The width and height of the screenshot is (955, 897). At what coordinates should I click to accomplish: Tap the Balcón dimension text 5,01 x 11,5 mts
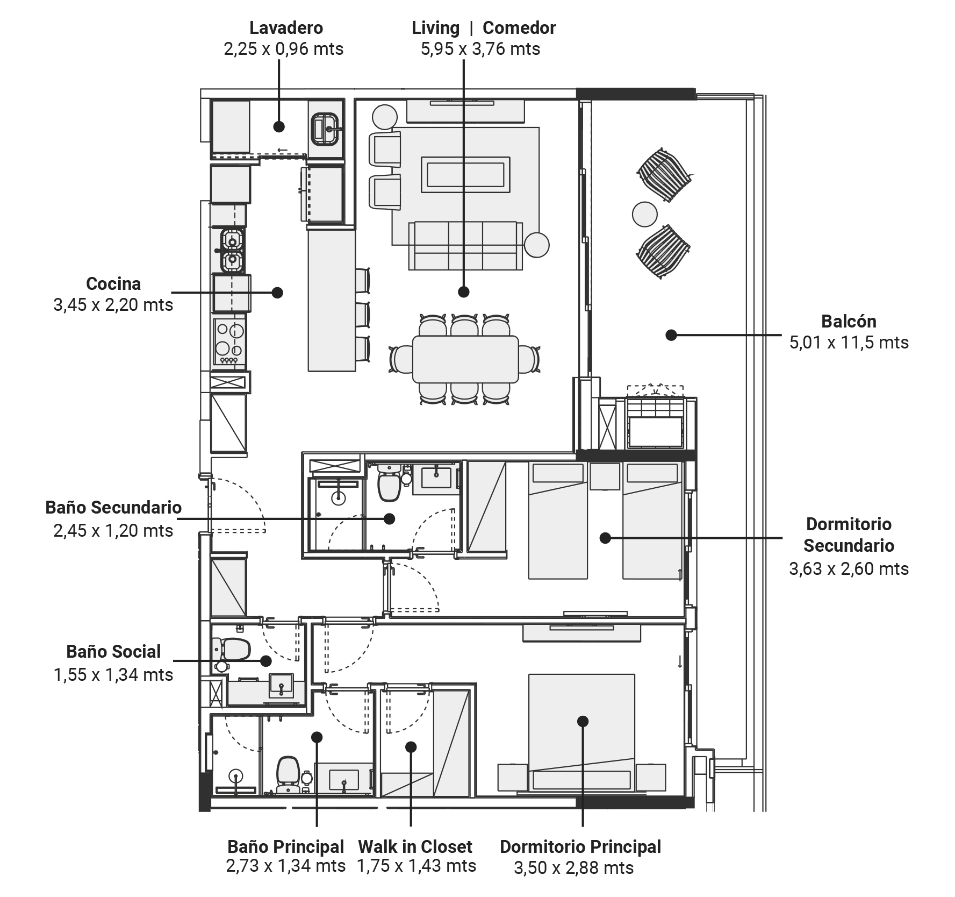tap(849, 343)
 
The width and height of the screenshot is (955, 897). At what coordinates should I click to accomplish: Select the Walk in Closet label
tap(415, 846)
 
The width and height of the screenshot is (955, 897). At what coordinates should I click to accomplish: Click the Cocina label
tap(113, 283)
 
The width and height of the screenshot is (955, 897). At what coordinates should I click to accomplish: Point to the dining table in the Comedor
tap(465, 359)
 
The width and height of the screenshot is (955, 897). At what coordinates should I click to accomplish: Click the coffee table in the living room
tap(465, 174)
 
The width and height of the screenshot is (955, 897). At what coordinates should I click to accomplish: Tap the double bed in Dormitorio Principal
tap(581, 732)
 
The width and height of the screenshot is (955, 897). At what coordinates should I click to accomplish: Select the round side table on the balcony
tap(644, 215)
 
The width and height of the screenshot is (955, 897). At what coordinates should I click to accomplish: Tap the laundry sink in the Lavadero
tap(326, 129)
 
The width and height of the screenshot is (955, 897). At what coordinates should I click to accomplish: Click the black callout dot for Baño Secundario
tap(389, 518)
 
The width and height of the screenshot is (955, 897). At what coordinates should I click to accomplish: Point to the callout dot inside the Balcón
tap(671, 334)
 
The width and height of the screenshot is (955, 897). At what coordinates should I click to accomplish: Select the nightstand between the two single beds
tap(605, 476)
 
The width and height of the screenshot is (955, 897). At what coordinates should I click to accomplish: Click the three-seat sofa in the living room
tap(465, 245)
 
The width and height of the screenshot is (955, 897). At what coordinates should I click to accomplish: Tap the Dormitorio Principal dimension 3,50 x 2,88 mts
tap(573, 867)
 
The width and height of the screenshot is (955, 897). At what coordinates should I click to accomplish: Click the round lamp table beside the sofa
tap(536, 245)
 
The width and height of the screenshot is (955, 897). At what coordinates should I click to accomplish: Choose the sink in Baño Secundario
tap(436, 477)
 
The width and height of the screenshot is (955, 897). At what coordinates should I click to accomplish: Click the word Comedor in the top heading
tap(519, 27)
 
